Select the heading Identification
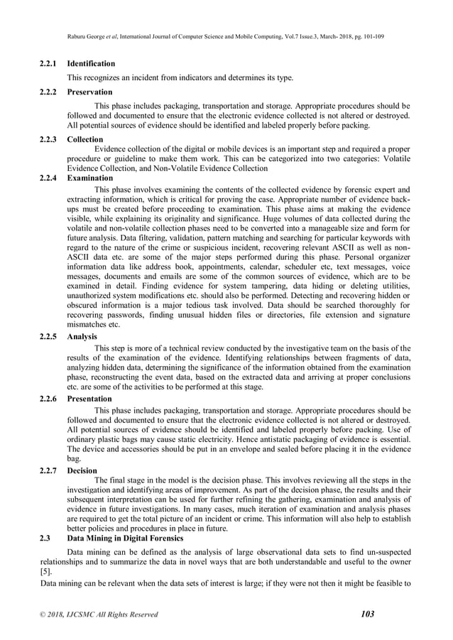point(91,63)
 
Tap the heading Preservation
point(89,92)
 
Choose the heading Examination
point(89,178)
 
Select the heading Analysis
point(82,336)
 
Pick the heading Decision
point(82,470)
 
